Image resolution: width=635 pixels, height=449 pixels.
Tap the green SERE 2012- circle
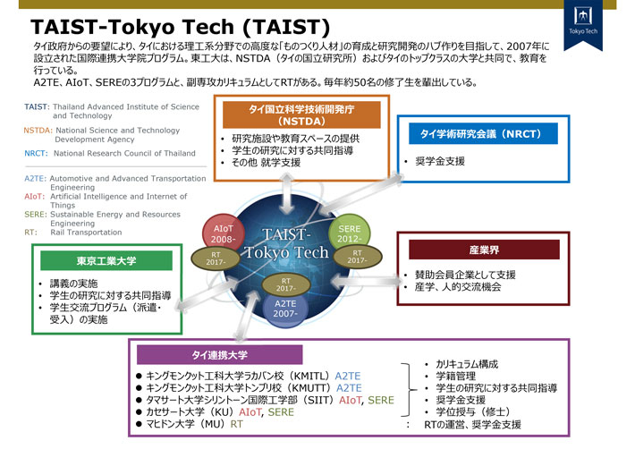346,234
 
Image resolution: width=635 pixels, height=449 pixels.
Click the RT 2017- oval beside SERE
357,257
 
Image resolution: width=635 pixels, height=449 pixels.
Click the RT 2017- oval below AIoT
216,258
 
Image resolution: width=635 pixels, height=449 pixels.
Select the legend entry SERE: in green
36,215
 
